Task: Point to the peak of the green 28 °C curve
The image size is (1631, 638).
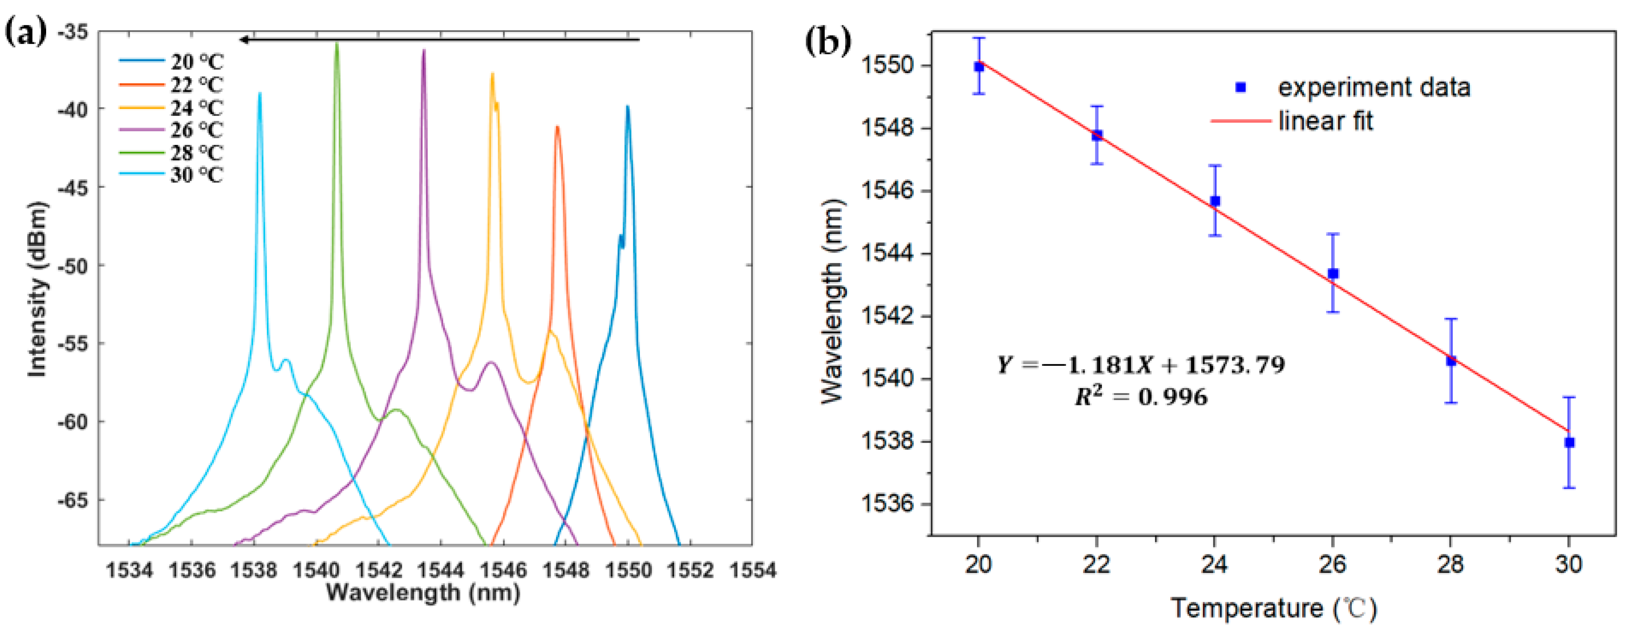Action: click(337, 43)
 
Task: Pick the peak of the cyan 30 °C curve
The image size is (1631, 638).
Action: click(260, 94)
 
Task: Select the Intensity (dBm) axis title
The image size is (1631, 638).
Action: click(37, 289)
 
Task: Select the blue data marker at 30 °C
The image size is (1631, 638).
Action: click(1569, 442)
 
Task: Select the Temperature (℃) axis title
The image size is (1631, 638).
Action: click(1273, 608)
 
